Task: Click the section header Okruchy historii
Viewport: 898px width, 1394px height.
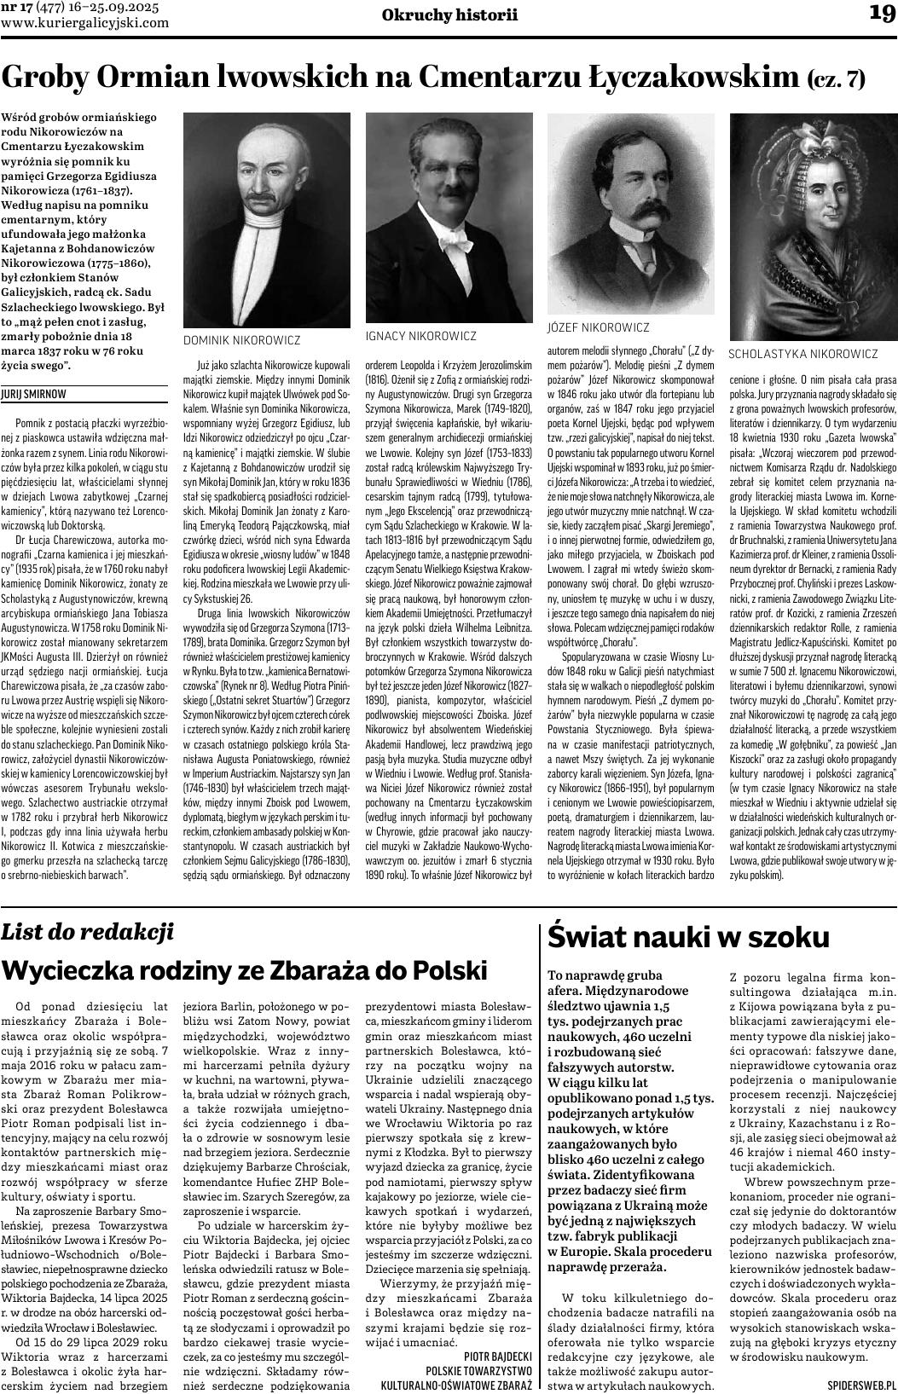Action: click(x=449, y=14)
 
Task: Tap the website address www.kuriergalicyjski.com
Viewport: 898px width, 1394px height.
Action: click(x=85, y=23)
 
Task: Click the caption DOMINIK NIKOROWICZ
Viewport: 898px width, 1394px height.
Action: click(x=242, y=340)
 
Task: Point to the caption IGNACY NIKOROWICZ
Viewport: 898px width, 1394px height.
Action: click(x=421, y=336)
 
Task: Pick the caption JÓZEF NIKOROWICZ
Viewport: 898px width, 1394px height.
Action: click(x=598, y=327)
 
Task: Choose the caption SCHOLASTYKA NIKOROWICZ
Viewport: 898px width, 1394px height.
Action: click(x=802, y=354)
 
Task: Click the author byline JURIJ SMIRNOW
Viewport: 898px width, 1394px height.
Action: click(x=34, y=395)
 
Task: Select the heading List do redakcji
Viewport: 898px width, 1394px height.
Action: click(x=87, y=931)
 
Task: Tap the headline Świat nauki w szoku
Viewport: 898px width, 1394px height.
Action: click(x=687, y=937)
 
